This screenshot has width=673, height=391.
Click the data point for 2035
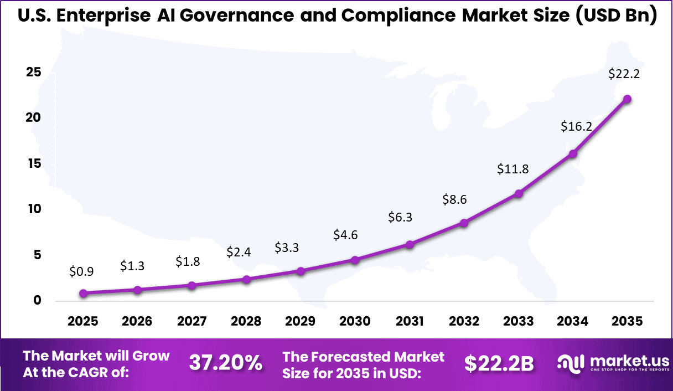coord(627,99)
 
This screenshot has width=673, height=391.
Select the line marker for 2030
coord(355,260)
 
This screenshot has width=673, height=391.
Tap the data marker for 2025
coord(83,294)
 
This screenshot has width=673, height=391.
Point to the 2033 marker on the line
coord(519,193)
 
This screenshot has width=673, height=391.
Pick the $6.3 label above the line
coord(400,218)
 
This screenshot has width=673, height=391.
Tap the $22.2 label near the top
coord(624,74)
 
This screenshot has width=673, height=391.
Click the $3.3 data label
coord(287,248)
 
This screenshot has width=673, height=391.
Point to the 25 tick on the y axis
coord(33,72)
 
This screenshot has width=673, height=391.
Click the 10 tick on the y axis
coord(33,209)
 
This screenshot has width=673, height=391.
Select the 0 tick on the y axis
coord(37,301)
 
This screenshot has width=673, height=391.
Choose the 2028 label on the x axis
coord(246,322)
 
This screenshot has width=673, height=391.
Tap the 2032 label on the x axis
coord(464,322)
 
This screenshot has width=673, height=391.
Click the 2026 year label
coord(137,322)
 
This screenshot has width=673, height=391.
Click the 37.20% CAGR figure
coord(226,363)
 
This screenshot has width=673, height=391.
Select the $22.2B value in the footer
coord(499,363)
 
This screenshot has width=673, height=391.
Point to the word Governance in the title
coord(242,17)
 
